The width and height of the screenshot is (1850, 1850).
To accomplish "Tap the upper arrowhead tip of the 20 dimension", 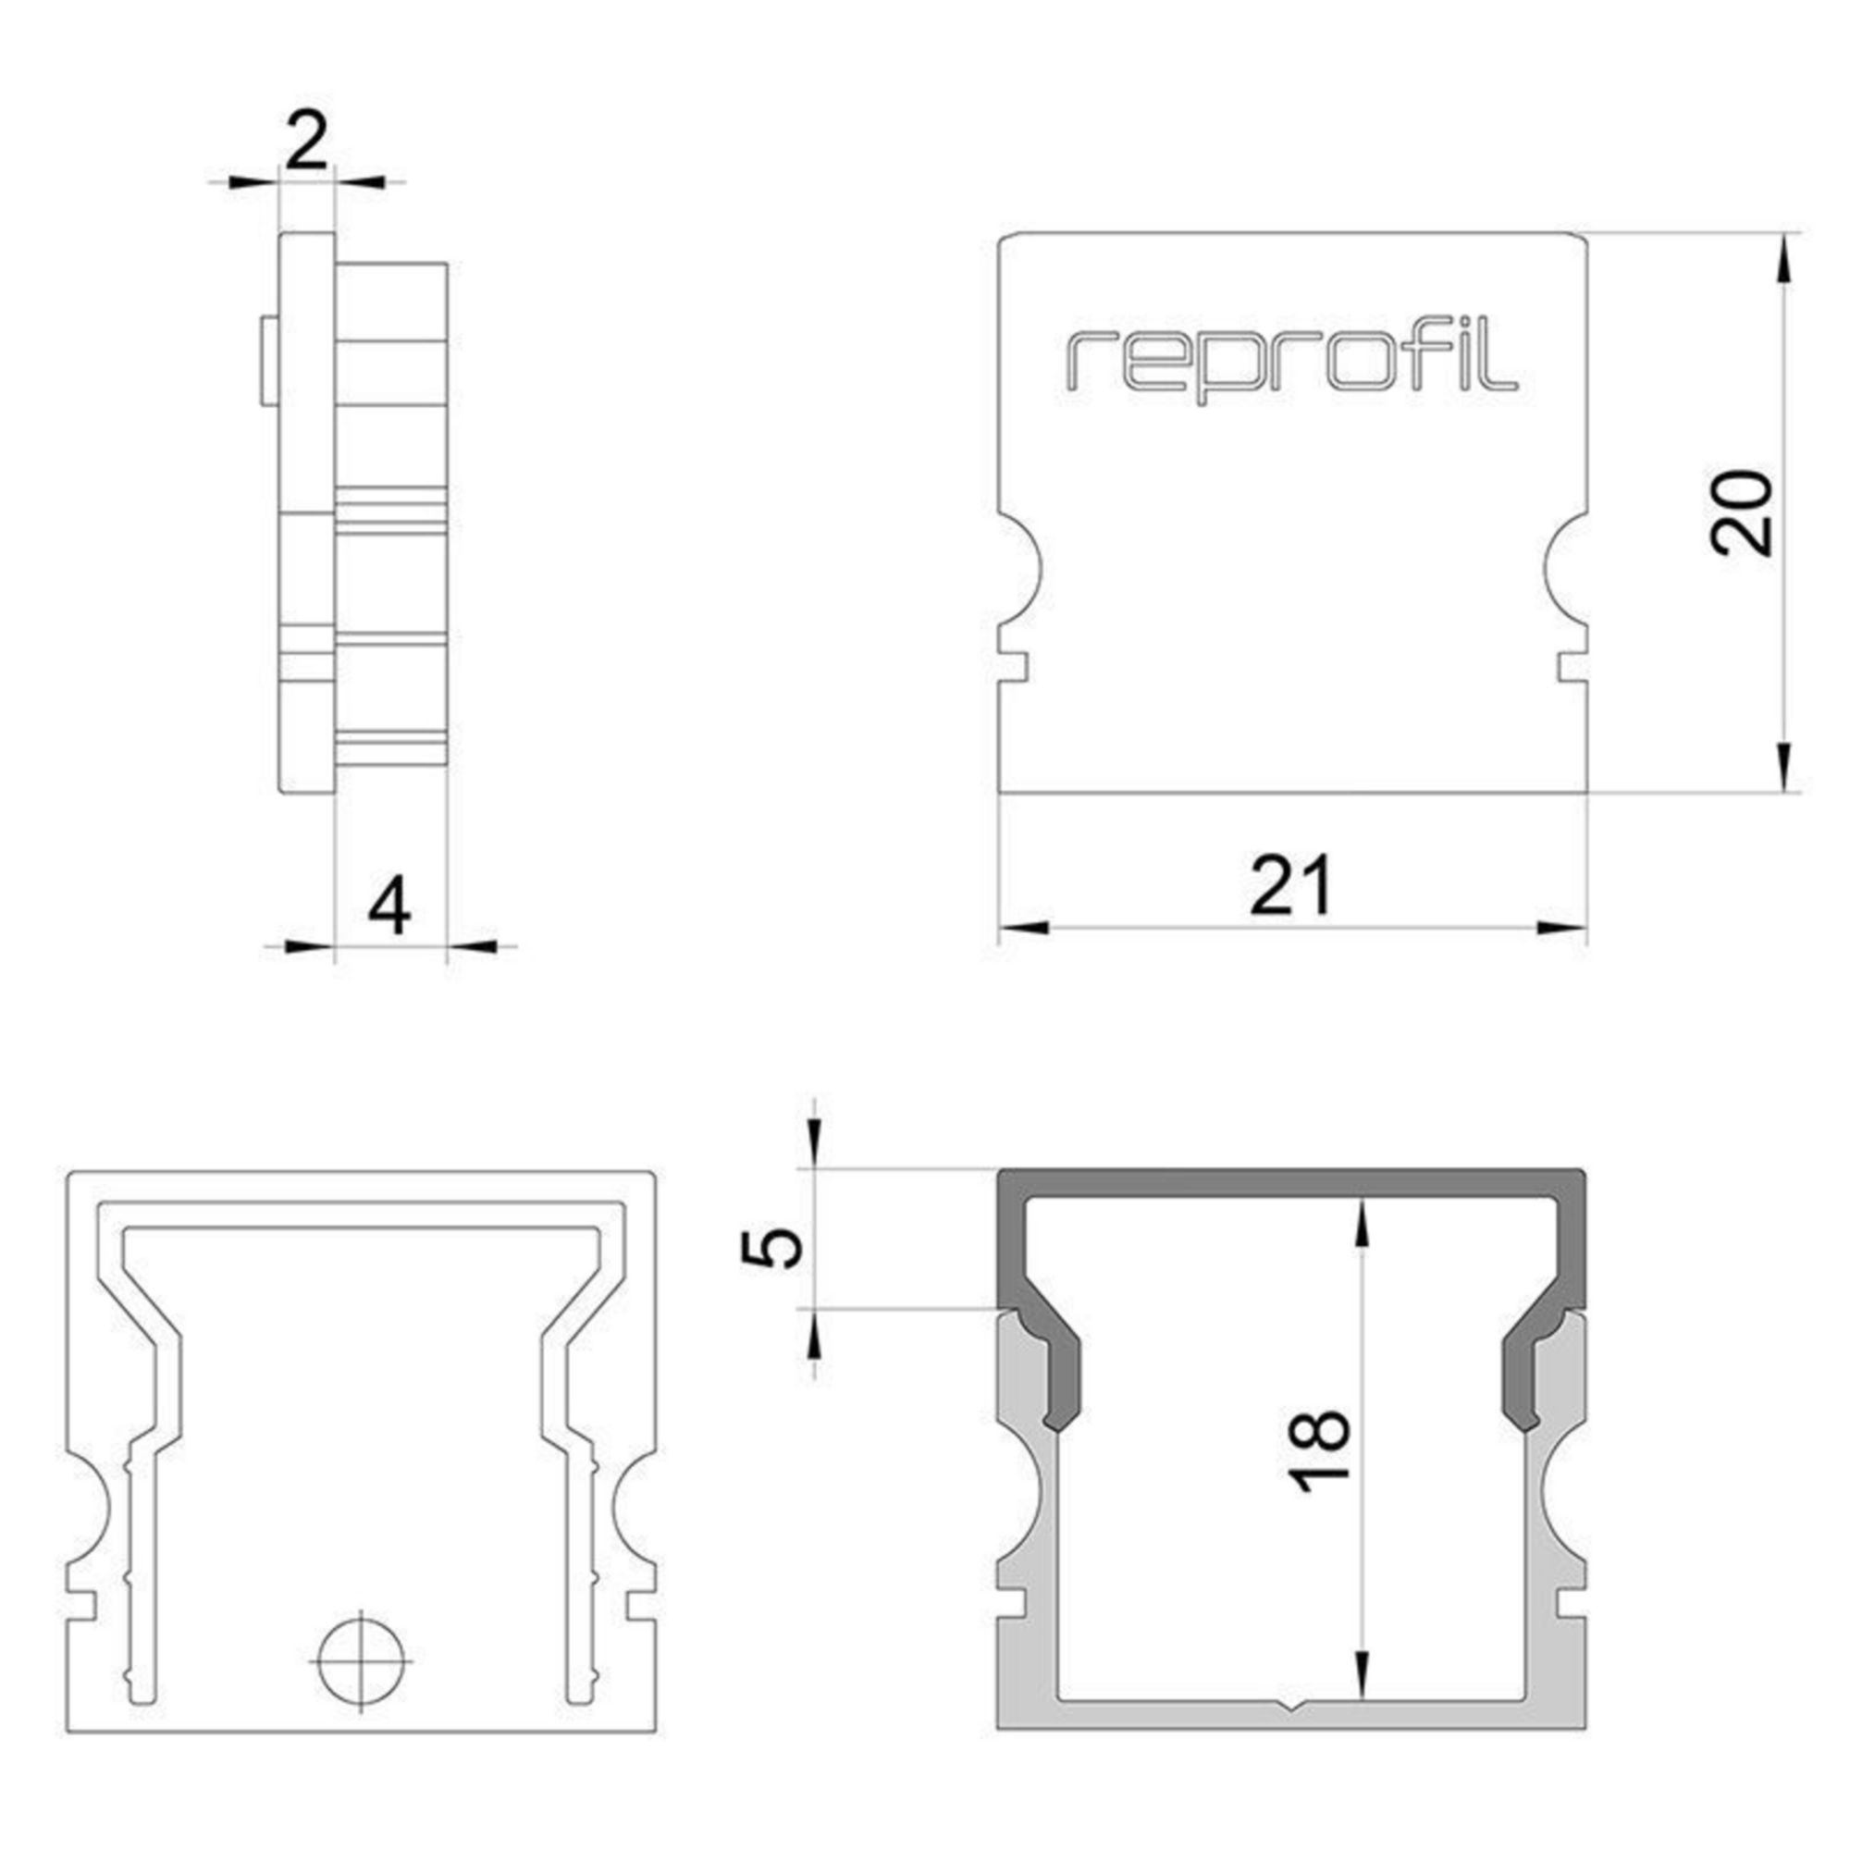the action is pos(1783,235).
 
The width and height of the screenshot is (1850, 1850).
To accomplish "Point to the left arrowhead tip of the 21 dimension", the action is pos(1001,928).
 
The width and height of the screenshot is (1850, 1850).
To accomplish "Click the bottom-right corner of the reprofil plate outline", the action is pos(1586,794).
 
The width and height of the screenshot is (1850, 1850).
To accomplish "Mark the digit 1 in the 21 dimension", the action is pos(1315,885).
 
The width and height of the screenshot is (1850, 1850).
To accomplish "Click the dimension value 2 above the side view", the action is pos(306,141).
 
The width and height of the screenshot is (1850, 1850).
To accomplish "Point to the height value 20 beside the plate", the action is pos(1742,513).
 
